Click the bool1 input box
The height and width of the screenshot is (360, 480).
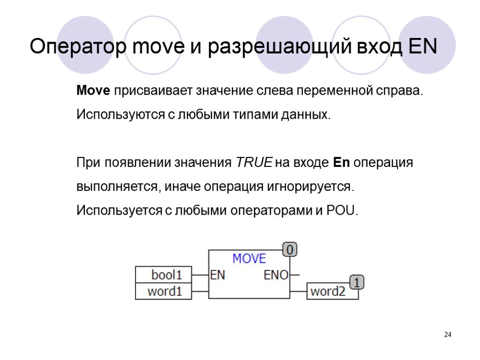click(164, 274)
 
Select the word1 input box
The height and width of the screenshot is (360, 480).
click(164, 292)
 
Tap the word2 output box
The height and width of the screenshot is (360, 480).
click(328, 292)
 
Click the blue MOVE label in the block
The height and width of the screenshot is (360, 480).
click(249, 259)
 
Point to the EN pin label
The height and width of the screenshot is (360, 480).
click(217, 275)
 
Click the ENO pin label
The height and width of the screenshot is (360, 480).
click(276, 275)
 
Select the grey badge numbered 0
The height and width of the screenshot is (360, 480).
click(290, 250)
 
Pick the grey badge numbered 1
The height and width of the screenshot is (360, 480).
click(357, 283)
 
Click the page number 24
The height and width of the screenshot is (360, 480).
click(448, 335)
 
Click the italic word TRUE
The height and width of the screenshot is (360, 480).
click(254, 163)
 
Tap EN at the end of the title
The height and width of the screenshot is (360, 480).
click(422, 47)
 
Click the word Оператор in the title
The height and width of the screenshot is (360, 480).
click(77, 47)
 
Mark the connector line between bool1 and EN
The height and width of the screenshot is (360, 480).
click(200, 275)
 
